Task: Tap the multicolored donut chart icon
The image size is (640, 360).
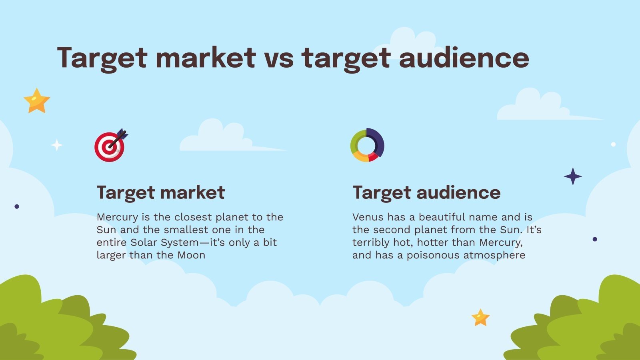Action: (367, 145)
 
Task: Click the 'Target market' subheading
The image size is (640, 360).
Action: (160, 192)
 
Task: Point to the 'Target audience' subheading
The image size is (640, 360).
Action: (426, 192)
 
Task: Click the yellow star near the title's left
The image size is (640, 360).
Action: (37, 101)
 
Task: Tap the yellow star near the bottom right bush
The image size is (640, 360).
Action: (480, 318)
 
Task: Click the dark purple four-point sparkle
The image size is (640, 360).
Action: (573, 176)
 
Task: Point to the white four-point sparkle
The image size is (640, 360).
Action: (57, 145)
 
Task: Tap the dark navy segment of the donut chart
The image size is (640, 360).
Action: (378, 142)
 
